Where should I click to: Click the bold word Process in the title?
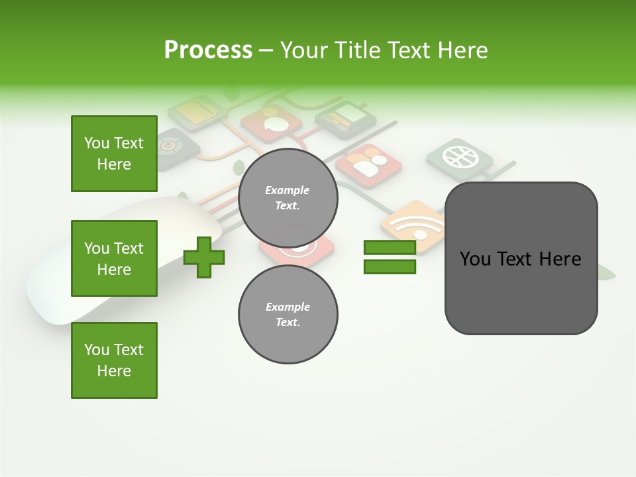point(208,50)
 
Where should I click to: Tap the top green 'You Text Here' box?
point(114,154)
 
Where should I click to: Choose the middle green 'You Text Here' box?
point(114,258)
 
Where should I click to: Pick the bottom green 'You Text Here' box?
point(114,360)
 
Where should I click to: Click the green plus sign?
point(204,257)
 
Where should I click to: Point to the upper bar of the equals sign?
point(390,248)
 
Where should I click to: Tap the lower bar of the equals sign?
point(390,267)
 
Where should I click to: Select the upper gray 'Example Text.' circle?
point(288,197)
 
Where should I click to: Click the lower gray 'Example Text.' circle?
point(288,314)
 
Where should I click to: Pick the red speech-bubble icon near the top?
point(271,122)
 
